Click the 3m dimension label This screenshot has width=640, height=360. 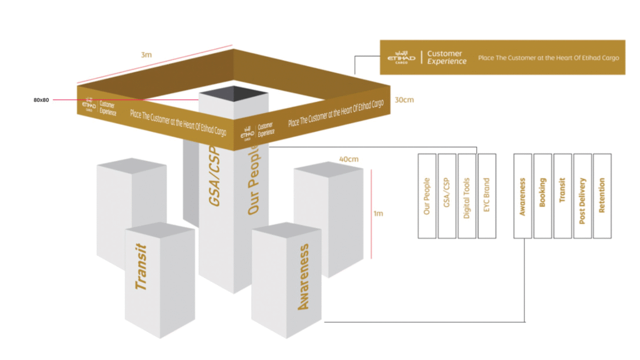point(146,55)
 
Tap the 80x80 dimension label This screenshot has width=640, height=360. point(41,100)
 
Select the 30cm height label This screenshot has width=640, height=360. point(404,100)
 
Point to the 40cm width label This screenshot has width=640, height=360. point(348,159)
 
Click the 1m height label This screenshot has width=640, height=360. point(378,214)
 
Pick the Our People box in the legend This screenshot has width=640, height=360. point(427,196)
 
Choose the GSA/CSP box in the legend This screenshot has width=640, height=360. point(447,196)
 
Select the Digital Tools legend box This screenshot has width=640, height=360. point(466,196)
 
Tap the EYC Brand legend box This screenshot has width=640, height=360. point(486,196)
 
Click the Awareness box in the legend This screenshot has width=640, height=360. point(522,196)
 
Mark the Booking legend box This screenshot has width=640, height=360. point(542,196)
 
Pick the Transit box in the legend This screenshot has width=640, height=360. point(562,196)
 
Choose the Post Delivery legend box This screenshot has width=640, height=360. point(582,196)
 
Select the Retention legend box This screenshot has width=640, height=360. point(602,196)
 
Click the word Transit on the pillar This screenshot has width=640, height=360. point(142,267)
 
